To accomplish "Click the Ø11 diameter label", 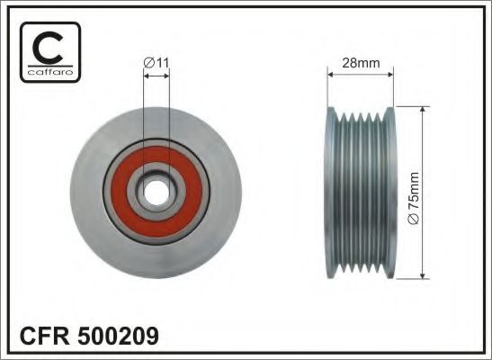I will point(157,62).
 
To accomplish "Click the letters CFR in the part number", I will point(47,337).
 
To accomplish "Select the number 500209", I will point(121,337).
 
